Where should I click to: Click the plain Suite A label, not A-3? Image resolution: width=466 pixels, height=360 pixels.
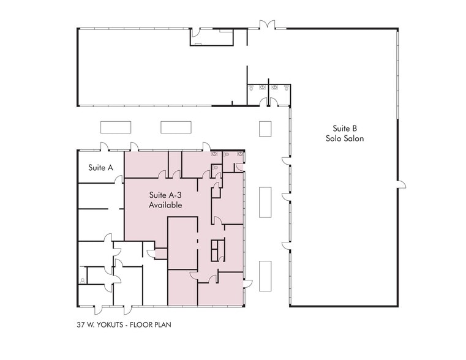pyautogui.click(x=101, y=168)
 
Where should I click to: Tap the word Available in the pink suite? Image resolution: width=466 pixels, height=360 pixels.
pyautogui.click(x=165, y=205)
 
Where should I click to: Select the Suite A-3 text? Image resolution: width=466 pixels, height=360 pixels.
pyautogui.click(x=165, y=195)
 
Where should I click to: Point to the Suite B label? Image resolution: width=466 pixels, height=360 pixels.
pyautogui.click(x=345, y=129)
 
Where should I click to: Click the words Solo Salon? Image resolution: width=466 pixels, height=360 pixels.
pyautogui.click(x=345, y=138)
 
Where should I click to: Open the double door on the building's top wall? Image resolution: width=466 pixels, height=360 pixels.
pyautogui.click(x=267, y=24)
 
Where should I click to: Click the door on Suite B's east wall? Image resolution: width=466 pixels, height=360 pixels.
pyautogui.click(x=402, y=184)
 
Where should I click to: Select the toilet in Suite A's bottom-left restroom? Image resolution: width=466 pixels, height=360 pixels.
pyautogui.click(x=83, y=280)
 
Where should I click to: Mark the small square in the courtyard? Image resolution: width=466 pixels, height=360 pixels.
pyautogui.click(x=265, y=129)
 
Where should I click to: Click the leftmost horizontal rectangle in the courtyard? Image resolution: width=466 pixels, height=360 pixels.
pyautogui.click(x=116, y=127)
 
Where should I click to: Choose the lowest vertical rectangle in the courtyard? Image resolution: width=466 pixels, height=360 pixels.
pyautogui.click(x=265, y=276)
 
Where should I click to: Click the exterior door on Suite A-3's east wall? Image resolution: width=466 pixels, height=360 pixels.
pyautogui.click(x=248, y=283)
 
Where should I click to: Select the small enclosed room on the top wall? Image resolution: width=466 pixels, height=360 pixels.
pyautogui.click(x=212, y=37)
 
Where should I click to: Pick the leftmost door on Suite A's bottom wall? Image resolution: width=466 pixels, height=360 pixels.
pyautogui.click(x=99, y=310)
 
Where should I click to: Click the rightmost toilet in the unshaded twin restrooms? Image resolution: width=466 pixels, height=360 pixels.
pyautogui.click(x=287, y=88)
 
